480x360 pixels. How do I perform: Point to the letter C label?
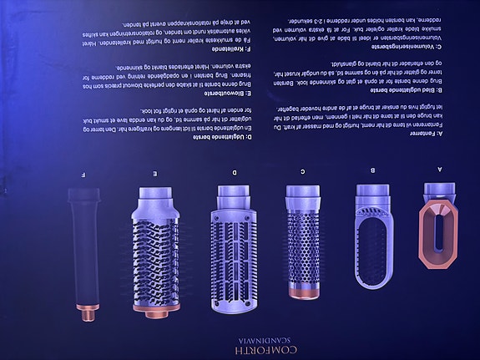(x=302, y=170)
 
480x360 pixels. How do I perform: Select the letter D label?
(x=234, y=172)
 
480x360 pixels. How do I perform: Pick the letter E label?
(x=155, y=173)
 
